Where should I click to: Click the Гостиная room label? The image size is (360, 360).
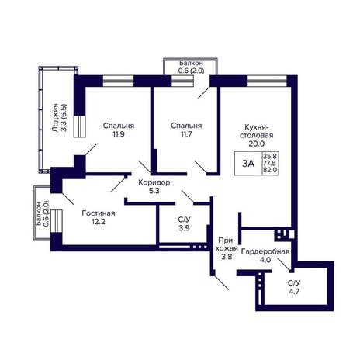coord(99,213)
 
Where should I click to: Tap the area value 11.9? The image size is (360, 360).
coord(119,134)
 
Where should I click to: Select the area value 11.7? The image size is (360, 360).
coord(186,134)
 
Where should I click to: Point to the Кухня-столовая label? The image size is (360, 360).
coord(256,131)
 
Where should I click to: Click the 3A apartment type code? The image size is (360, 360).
coord(248,164)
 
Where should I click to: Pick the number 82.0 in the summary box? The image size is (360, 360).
coord(270,170)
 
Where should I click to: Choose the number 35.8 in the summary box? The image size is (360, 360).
coord(270,156)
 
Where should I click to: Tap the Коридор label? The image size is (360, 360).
coord(154,182)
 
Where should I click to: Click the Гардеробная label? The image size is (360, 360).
coord(265,251)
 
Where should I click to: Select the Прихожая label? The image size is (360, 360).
coord(227,244)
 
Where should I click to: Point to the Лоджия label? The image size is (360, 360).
coord(55,118)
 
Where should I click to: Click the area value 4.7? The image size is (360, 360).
coord(294,291)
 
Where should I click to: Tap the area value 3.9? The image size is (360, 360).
coord(184,228)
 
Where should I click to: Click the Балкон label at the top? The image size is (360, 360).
coord(192,63)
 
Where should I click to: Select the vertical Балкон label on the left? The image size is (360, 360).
coord(39,214)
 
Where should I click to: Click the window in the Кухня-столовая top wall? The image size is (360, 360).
coord(267,81)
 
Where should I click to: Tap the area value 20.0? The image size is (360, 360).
coord(257,144)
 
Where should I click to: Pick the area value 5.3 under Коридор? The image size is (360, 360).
coord(154,191)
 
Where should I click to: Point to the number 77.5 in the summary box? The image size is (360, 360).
coord(270,163)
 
